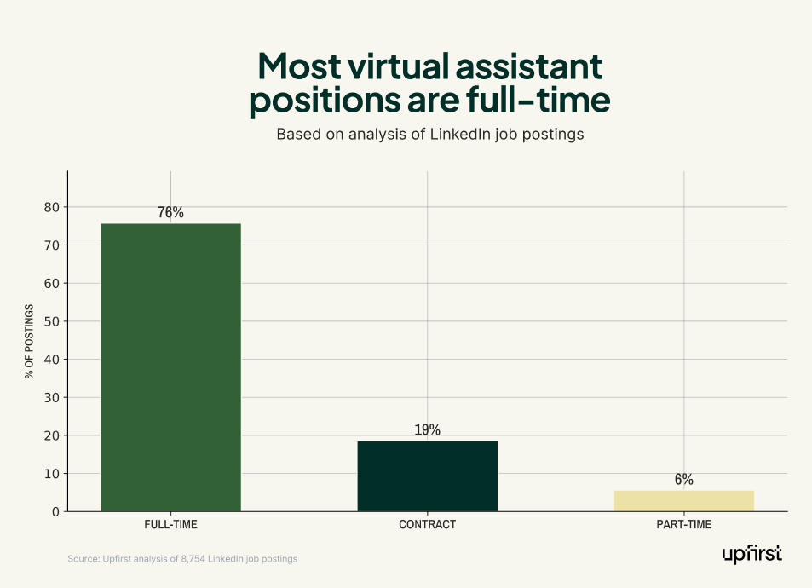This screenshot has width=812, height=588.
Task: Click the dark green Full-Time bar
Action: click(170, 366)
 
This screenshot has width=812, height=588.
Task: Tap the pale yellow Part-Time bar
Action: click(683, 501)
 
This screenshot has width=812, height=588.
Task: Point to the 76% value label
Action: click(170, 213)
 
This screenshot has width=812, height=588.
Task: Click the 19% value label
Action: click(427, 430)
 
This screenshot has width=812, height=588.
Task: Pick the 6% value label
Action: click(683, 480)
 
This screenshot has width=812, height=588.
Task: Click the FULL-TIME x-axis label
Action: click(170, 525)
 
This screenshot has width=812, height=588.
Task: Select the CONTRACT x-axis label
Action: click(427, 525)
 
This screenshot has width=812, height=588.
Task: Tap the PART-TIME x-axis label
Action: click(683, 525)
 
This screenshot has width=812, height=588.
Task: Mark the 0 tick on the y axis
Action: click(54, 511)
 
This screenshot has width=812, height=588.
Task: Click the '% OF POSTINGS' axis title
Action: click(30, 341)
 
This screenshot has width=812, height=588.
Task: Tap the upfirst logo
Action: click(752, 555)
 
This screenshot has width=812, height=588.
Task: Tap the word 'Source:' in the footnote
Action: click(83, 559)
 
